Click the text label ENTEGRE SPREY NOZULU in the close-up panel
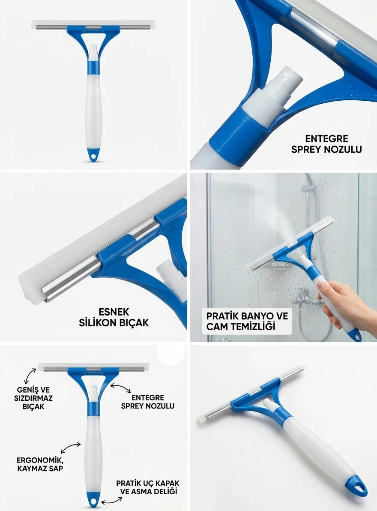coord(326,144)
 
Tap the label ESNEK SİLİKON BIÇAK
coord(114,317)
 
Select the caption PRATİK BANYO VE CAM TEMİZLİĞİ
coord(247,321)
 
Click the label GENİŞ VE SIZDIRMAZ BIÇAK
coord(33,398)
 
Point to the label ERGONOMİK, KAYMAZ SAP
coord(40,464)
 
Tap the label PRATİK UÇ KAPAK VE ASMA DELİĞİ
coord(148,487)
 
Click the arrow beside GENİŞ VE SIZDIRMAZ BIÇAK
coord(30,376)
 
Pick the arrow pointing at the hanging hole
coord(112,501)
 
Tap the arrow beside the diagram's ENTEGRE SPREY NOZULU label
coord(120,388)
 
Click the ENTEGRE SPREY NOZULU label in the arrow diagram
coord(148,402)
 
